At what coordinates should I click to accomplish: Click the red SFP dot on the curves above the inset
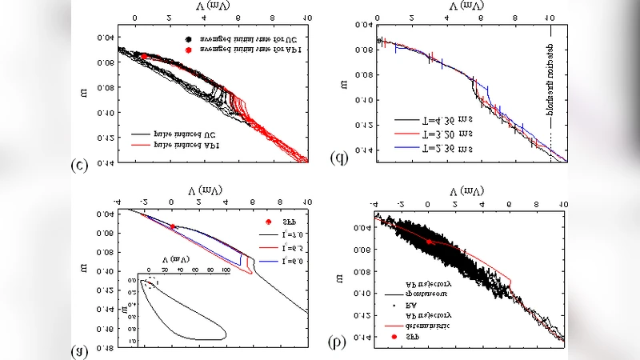click(173, 226)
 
